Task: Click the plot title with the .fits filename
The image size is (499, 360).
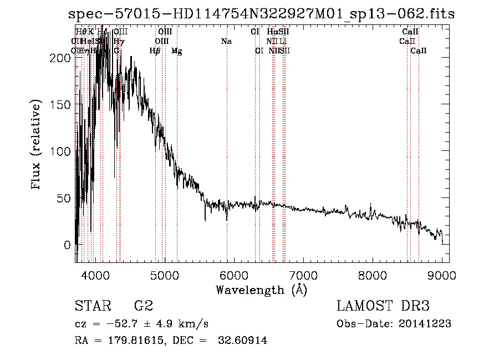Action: [x=261, y=14]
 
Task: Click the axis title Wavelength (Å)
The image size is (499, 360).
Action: [x=261, y=290]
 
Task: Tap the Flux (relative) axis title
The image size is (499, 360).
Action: [x=37, y=145]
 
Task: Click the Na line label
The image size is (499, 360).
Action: [x=226, y=42]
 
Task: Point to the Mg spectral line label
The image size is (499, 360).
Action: [x=176, y=51]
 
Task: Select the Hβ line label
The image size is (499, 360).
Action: [x=155, y=51]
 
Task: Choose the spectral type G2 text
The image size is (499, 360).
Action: [x=143, y=307]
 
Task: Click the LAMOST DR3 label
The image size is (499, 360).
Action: [x=383, y=307]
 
